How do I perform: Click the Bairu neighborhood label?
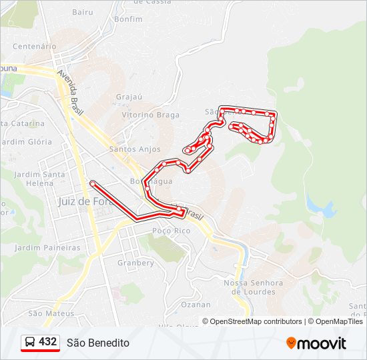coord(83,12)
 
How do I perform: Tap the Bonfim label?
coord(128,19)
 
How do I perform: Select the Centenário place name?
coord(35,47)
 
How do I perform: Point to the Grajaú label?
coord(129,97)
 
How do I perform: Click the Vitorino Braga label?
coord(151,115)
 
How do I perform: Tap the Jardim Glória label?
coord(27,142)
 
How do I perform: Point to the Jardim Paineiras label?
coord(47,248)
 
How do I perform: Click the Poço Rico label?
coord(171,231)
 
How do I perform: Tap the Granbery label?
coord(135,263)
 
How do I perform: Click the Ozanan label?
coord(196,305)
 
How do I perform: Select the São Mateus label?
coord(51,313)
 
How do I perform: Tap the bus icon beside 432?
coord(30,343)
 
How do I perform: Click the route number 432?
coord(48,342)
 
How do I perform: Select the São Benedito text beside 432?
coord(98,343)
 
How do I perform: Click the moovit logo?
coord(316,343)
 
